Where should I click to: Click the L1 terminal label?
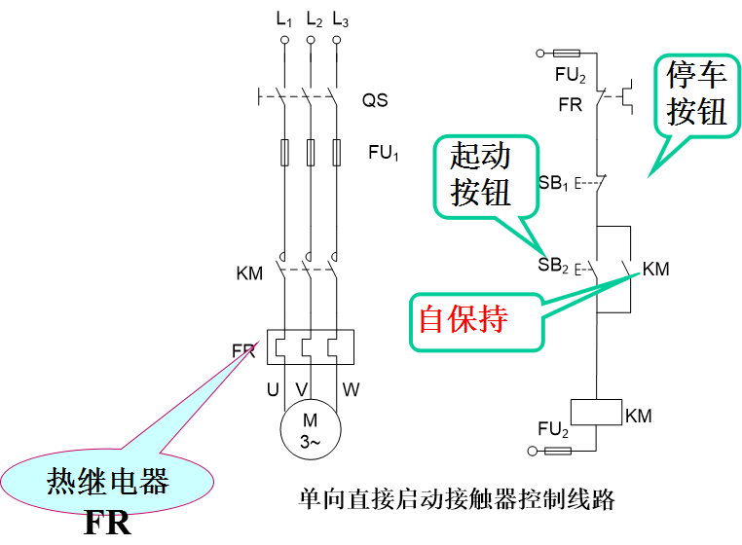coord(284,20)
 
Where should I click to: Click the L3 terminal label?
coord(339,20)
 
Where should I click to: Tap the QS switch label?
coord(375,100)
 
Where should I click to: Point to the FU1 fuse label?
coord(384,153)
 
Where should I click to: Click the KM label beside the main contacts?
coord(250,272)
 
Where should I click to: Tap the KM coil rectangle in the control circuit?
coord(594,412)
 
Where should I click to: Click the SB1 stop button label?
coord(552,182)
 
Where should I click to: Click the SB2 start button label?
coord(552,265)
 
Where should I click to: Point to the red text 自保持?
coord(464,319)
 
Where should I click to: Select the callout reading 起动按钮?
coord(480,173)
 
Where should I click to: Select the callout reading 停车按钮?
coord(697,93)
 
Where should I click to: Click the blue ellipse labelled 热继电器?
coord(108,481)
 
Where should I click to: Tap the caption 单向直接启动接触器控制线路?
coord(457,499)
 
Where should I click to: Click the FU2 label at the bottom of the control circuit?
coord(553,428)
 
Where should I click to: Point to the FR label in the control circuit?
coord(571,104)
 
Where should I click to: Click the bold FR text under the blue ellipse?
coord(107,524)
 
